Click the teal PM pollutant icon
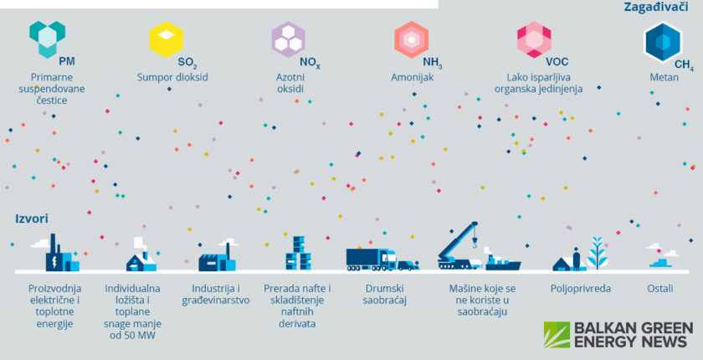click(x=47, y=39)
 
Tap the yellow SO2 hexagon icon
click(x=167, y=39)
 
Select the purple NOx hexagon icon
click(x=289, y=39)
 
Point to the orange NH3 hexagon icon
click(x=412, y=39)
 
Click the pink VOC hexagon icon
click(x=533, y=39)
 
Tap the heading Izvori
click(x=31, y=219)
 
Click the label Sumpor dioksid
click(x=172, y=78)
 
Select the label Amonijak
click(x=412, y=78)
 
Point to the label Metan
click(x=664, y=78)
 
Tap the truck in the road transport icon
click(x=372, y=259)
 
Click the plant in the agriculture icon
click(x=598, y=252)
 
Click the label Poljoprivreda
click(x=581, y=289)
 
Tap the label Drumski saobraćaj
click(x=385, y=295)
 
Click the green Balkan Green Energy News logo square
click(x=557, y=335)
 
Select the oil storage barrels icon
click(x=298, y=253)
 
